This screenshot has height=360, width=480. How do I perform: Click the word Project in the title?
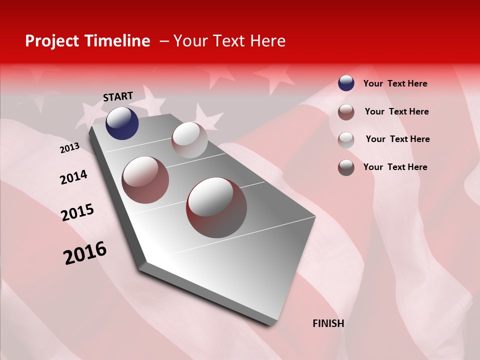pyautogui.click(x=51, y=41)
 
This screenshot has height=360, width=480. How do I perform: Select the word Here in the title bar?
pyautogui.click(x=267, y=41)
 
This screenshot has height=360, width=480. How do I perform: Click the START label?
pyautogui.click(x=118, y=96)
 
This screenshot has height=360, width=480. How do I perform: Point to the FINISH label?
pyautogui.click(x=328, y=323)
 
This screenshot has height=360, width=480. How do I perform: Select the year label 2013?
pyautogui.click(x=69, y=148)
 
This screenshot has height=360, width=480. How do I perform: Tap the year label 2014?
pyautogui.click(x=73, y=177)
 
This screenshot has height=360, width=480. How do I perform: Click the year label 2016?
pyautogui.click(x=85, y=253)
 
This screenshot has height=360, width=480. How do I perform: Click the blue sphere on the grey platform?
pyautogui.click(x=122, y=123)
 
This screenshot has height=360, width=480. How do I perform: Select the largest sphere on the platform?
pyautogui.click(x=216, y=207)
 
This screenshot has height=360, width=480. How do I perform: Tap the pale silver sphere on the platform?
pyautogui.click(x=189, y=140)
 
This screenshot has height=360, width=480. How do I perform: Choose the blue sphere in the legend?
pyautogui.click(x=346, y=83)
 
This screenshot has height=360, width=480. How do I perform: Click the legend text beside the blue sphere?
pyautogui.click(x=395, y=83)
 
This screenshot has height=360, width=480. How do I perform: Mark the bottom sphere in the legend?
pyautogui.click(x=346, y=167)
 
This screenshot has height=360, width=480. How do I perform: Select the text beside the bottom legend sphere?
pyautogui.click(x=395, y=167)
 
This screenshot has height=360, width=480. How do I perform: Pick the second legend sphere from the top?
pyautogui.click(x=346, y=111)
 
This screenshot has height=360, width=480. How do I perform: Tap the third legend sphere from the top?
pyautogui.click(x=346, y=139)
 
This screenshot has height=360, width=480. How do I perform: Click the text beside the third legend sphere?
pyautogui.click(x=397, y=139)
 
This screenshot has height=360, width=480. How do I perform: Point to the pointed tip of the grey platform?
pyautogui.click(x=272, y=322)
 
